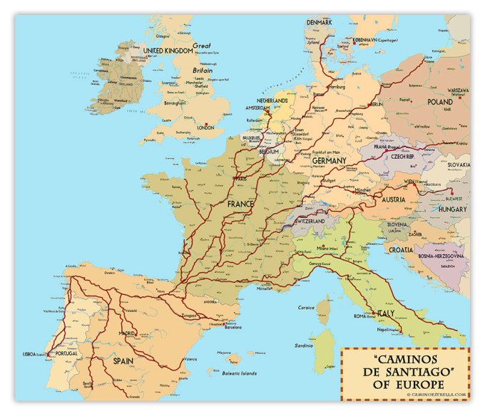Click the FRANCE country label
click(x=241, y=204)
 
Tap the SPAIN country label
click(x=123, y=361)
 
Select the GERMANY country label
click(x=329, y=161)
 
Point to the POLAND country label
click(x=440, y=102)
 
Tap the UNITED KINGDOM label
click(x=168, y=51)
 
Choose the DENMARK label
click(x=320, y=22)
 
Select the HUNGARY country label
click(x=452, y=209)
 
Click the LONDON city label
click(x=205, y=128)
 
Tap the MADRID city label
click(x=127, y=333)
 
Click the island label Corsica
click(x=306, y=307)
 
